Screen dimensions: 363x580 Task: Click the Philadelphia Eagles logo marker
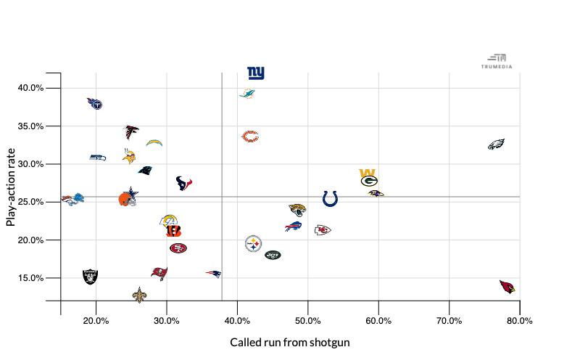(496, 144)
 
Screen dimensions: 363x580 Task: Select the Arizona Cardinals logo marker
(508, 287)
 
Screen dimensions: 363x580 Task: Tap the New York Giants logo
(256, 73)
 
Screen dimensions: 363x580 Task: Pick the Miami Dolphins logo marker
(247, 94)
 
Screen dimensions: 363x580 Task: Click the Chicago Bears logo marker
(250, 136)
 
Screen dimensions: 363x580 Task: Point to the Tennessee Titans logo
(95, 104)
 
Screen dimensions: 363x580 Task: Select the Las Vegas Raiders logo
(90, 277)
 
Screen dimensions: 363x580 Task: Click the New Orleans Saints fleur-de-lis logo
(139, 295)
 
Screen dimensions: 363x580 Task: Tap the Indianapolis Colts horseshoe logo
(330, 198)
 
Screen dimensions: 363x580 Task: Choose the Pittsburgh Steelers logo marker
(253, 243)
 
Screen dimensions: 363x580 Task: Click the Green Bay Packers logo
(369, 179)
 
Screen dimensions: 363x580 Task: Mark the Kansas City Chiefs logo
(323, 230)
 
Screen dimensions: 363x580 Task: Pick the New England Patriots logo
(213, 274)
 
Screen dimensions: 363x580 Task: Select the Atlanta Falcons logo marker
(131, 131)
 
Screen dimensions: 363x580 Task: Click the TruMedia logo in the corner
(497, 61)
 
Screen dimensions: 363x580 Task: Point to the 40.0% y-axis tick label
(30, 88)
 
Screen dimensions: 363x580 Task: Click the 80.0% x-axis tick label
(520, 321)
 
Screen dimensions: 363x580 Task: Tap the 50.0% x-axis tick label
(308, 321)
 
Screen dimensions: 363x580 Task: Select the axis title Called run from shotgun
(290, 342)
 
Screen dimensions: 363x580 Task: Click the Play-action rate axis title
(11, 187)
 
